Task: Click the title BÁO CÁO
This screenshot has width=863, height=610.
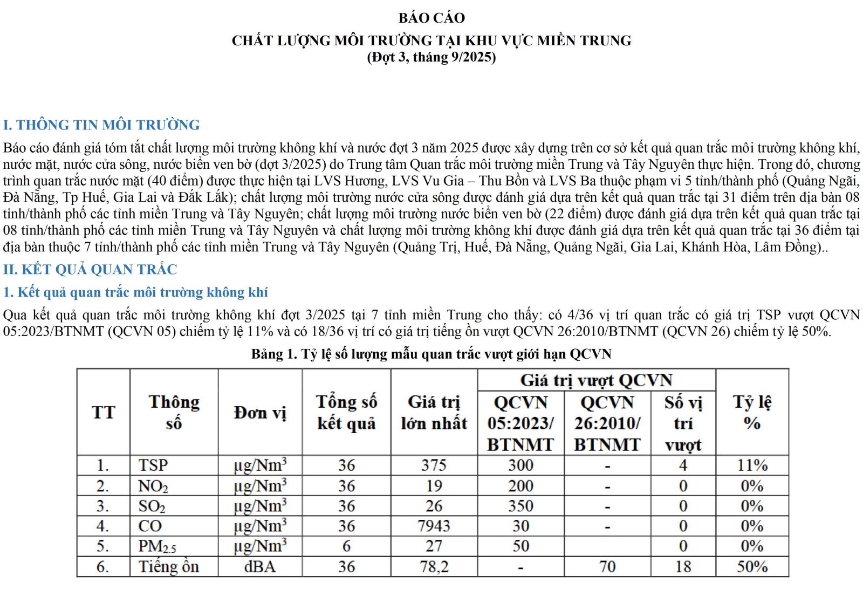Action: pos(432,18)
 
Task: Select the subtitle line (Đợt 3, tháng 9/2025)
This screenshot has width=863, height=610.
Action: pos(432,57)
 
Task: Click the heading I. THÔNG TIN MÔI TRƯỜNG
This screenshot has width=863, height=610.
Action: pos(101,125)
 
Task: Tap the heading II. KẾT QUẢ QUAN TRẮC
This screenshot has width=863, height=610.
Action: pos(90,270)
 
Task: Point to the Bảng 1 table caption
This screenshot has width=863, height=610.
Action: pos(432,354)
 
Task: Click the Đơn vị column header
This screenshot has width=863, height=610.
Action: pos(260,413)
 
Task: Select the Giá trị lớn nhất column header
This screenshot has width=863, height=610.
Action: pos(434,413)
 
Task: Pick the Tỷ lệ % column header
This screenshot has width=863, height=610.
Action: pos(752,413)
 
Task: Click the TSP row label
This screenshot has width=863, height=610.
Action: pos(153,465)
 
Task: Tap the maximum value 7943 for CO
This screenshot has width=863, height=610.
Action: pos(434,526)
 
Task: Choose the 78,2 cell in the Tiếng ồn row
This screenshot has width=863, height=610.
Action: pos(434,567)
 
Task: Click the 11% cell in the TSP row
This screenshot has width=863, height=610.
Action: pos(752,465)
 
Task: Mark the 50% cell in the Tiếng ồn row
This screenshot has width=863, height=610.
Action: pos(752,567)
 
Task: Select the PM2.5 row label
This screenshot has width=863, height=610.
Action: pos(157,546)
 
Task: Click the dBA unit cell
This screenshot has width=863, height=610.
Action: pos(260,567)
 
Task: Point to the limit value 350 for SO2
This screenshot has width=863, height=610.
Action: pos(520,506)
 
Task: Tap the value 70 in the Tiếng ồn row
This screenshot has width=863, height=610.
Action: pos(607,567)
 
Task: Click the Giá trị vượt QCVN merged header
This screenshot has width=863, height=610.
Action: pos(596,380)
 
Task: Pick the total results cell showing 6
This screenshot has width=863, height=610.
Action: pos(346,546)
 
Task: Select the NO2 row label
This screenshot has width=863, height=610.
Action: pos(153,486)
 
